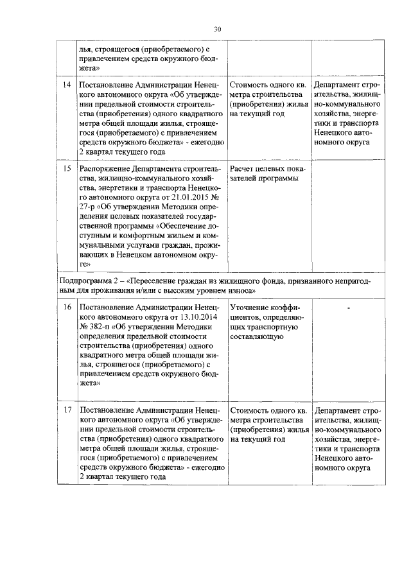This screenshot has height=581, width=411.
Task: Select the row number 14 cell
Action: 66,85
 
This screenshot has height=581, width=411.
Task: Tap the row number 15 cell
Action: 66,169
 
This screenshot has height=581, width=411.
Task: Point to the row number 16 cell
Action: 66,308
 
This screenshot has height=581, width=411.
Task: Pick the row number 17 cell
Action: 66,410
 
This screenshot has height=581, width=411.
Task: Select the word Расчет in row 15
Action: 243,169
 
